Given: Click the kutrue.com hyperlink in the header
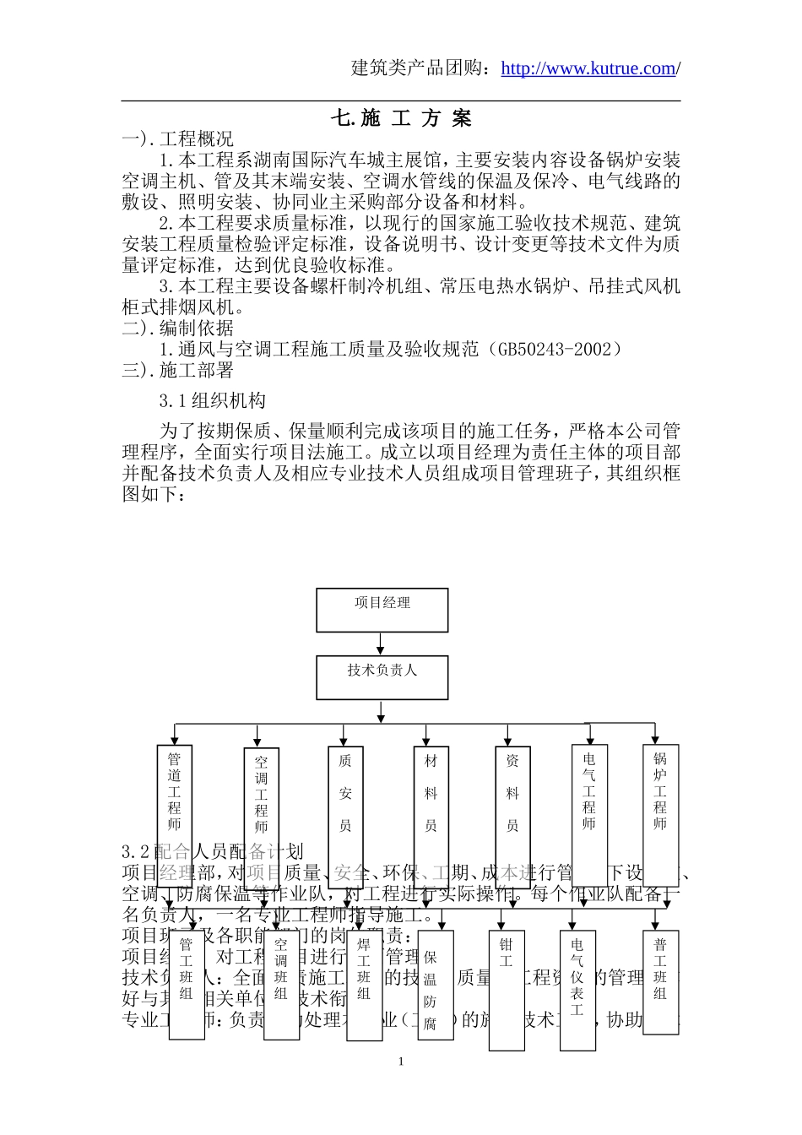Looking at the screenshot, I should pos(588,69).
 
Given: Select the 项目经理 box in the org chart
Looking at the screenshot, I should pos(382,610).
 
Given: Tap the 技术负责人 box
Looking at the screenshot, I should pos(382,677).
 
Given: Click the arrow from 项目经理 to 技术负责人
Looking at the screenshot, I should pos(382,644).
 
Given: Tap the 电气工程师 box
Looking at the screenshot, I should pos(589,794).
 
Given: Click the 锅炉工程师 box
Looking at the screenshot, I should pos(660,794).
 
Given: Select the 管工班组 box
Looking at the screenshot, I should pos(187,984).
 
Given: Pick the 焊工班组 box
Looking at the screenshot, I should pos(364,984).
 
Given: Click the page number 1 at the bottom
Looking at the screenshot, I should pos(401,1062).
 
